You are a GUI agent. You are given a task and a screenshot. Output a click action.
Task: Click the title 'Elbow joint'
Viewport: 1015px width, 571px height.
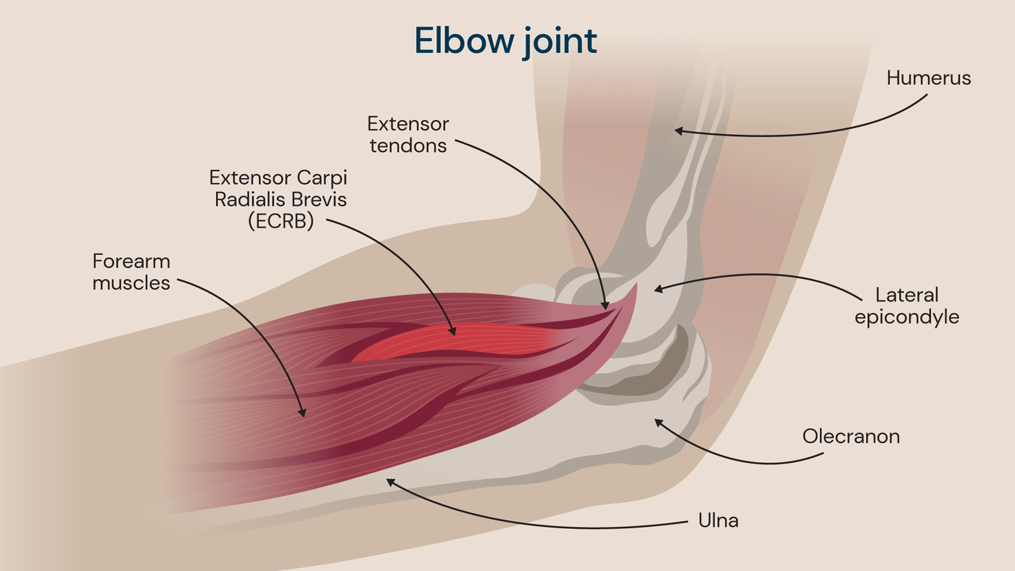click(x=505, y=41)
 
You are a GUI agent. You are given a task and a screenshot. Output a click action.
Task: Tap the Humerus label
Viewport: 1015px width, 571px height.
click(x=928, y=78)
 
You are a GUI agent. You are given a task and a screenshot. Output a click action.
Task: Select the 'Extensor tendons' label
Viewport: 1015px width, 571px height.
click(x=408, y=134)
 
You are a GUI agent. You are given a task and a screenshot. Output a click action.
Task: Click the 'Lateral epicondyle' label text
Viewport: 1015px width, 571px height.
click(x=906, y=306)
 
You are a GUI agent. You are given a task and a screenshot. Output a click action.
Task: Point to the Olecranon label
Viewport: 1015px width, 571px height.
click(x=850, y=436)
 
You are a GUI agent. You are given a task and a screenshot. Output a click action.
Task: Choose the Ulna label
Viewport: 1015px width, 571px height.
click(x=718, y=520)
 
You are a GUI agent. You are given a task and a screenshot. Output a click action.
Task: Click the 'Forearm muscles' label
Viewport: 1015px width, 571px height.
click(x=131, y=272)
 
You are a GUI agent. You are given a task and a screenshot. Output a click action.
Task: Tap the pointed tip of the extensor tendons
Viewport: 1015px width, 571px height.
click(x=635, y=285)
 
